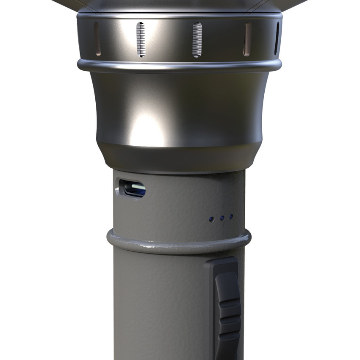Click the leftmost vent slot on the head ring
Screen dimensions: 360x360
pyautogui.click(x=97, y=39)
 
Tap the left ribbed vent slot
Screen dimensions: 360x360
pyautogui.click(x=141, y=40)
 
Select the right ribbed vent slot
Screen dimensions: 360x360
pyautogui.click(x=197, y=40)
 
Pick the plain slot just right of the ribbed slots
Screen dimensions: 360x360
pyautogui.click(x=247, y=39)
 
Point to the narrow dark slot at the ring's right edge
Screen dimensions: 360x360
pyautogui.click(x=277, y=39)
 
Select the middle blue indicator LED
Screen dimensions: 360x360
pyautogui.click(x=222, y=218)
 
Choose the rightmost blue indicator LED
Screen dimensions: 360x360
pyautogui.click(x=231, y=217)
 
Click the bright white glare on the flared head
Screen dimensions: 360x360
pyautogui.click(x=146, y=127)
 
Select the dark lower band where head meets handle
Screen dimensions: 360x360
pyautogui.click(x=178, y=159)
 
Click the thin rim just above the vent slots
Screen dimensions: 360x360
pyautogui.click(x=178, y=16)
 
